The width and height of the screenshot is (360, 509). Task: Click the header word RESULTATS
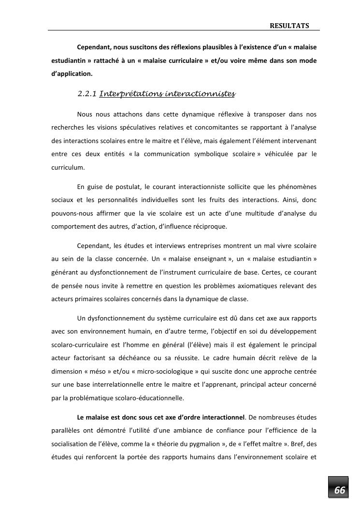[x=289, y=26]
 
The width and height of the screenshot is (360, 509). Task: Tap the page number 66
[x=340, y=490]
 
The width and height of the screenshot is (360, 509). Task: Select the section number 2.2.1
[x=86, y=94]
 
